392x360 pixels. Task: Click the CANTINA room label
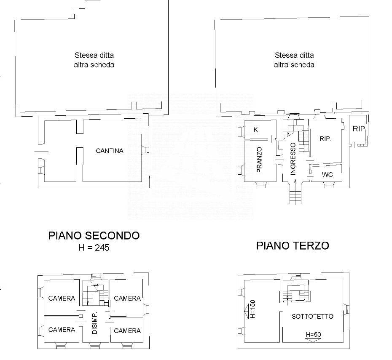point(110,151)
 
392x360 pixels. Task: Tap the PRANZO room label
point(259,160)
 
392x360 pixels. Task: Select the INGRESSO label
point(293,159)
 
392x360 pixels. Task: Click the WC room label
point(327,174)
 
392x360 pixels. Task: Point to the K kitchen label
point(255,130)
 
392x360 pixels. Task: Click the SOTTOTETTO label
point(312,316)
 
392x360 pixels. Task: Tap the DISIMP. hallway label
point(94,323)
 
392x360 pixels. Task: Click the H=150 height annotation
point(252,309)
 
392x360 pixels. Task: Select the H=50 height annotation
point(314,335)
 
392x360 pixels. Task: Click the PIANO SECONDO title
point(94,236)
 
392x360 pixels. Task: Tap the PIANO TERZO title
point(293,245)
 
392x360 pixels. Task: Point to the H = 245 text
point(94,248)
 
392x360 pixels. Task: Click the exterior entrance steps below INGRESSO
point(295,197)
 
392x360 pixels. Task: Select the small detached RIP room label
point(359,128)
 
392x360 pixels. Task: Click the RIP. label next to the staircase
point(325,139)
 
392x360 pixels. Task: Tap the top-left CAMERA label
point(62,299)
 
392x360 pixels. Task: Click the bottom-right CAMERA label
point(127,331)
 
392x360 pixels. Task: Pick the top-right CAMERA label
point(127,299)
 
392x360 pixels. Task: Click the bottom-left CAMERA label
point(62,330)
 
